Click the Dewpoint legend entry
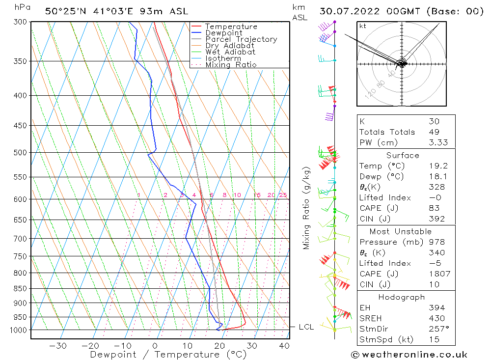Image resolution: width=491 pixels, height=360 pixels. coord(223,33)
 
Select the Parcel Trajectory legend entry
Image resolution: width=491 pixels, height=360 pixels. coord(241,39)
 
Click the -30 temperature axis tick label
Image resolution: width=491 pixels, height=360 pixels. coord(58,346)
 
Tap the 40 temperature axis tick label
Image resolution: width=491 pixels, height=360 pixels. coord(284,346)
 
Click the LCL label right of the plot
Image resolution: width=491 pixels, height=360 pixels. coord(306,327)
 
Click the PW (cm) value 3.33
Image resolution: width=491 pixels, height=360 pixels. coord(436,143)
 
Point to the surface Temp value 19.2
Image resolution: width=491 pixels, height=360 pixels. coord(436,166)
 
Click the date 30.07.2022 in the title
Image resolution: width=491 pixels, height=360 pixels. coord(354,11)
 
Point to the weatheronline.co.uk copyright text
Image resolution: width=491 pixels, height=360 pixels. coord(409,355)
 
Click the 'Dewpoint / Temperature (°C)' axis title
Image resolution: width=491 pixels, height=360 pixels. coord(161,355)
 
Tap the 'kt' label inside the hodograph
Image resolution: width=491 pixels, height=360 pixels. coord(363,26)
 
